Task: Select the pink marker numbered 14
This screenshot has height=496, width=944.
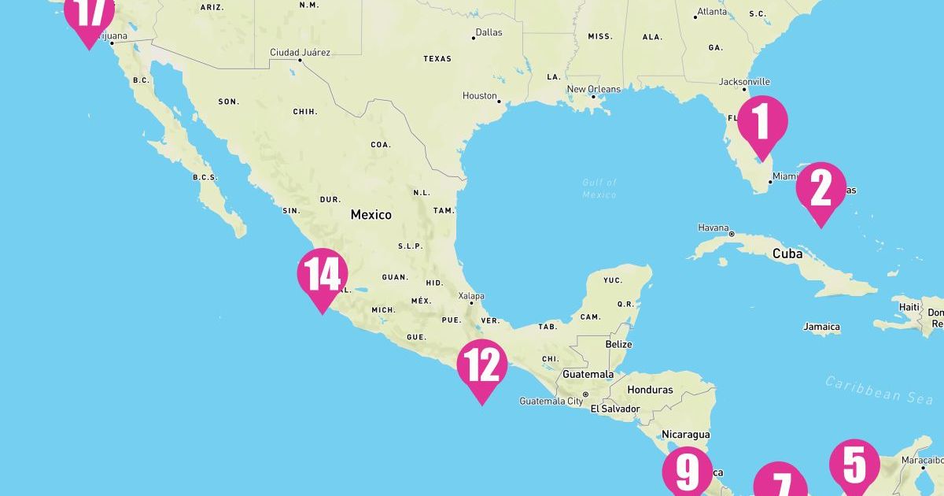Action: point(323,276)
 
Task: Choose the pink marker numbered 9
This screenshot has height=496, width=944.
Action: point(687,471)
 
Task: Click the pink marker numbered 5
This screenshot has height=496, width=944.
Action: point(854,464)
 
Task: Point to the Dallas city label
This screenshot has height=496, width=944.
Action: point(488,33)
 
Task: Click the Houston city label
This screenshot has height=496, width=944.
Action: point(479,96)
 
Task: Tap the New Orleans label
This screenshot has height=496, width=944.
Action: point(593,90)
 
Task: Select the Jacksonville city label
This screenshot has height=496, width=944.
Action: point(744,82)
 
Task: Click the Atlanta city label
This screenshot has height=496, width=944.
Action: point(712,13)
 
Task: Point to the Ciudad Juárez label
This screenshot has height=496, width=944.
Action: point(300,53)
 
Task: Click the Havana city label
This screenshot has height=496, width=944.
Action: point(714,228)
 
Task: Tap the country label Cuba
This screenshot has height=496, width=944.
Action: point(787,254)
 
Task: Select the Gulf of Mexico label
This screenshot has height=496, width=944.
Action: point(599,188)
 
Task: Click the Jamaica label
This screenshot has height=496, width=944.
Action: point(821,327)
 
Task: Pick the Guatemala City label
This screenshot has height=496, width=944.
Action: point(551,402)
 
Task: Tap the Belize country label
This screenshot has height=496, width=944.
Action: point(618,345)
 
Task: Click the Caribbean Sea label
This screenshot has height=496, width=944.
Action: point(878,390)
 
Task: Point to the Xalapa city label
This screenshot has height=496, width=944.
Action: point(471,297)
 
